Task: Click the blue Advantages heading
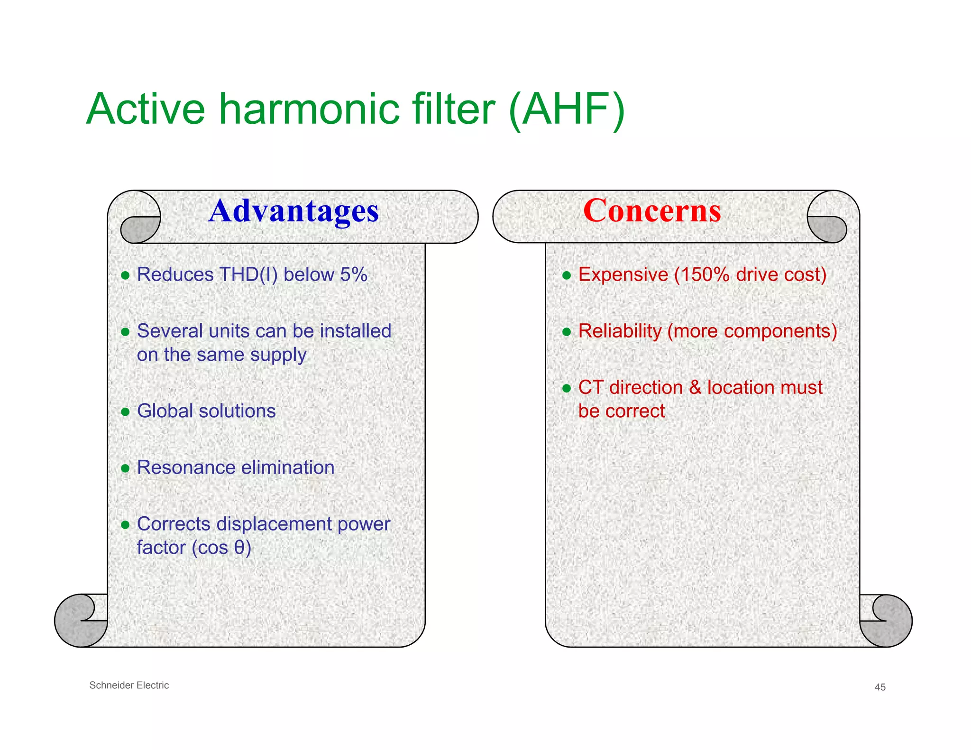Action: (293, 211)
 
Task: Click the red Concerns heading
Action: (652, 211)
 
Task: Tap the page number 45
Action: (880, 687)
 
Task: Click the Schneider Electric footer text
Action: (129, 685)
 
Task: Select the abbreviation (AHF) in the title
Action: (567, 110)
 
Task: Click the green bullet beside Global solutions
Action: (125, 412)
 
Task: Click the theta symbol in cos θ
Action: (239, 548)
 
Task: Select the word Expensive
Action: (623, 275)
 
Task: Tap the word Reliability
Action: (620, 331)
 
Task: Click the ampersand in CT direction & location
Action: (695, 388)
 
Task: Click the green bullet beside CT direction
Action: (566, 388)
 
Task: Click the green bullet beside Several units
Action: (125, 332)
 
